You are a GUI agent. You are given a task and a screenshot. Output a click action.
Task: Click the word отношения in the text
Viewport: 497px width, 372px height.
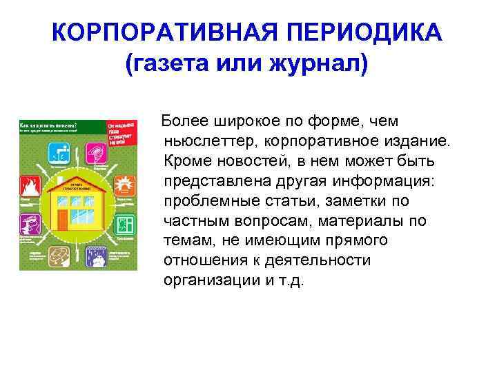[x=206, y=261]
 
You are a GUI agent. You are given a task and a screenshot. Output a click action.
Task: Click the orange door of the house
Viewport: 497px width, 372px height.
[x=64, y=220]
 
